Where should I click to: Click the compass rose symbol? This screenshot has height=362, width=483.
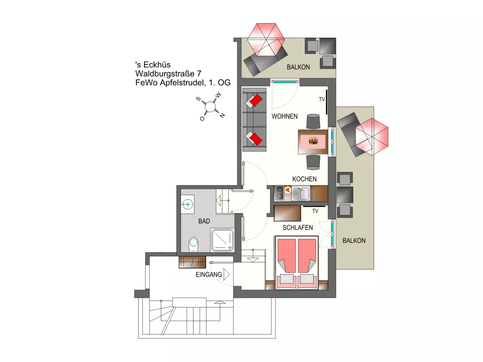pos(210,107)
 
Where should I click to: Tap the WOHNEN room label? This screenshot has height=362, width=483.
pos(285,117)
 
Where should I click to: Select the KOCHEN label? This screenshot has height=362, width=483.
pos(304,179)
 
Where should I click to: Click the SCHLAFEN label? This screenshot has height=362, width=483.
pos(297,228)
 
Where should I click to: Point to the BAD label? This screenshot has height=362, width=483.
pos(204,221)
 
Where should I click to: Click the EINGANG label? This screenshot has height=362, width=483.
pos(208,275)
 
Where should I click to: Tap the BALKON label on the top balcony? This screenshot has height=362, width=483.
pos(298,67)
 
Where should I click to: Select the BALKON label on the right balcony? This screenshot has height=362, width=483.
pos(354,241)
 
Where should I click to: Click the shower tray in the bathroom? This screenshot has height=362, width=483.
pos(223,240)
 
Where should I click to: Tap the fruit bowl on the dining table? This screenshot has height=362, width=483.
pos(313,141)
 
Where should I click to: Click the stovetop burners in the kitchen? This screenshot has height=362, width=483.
pos(279,193)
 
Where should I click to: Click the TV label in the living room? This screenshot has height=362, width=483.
pos(322,99)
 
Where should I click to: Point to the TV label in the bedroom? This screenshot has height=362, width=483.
pos(316,211)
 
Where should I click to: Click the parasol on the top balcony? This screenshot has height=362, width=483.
pos(266,40)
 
